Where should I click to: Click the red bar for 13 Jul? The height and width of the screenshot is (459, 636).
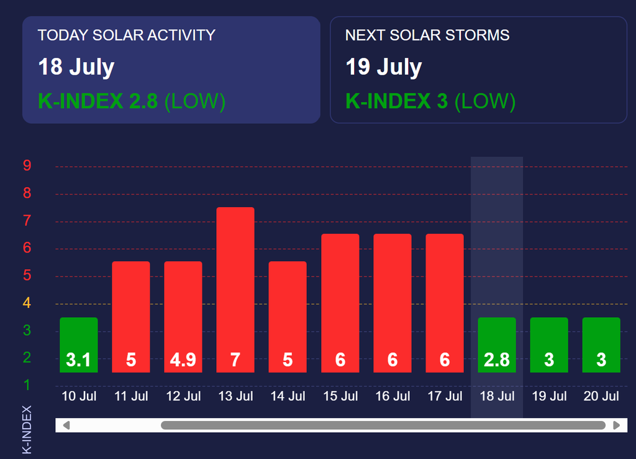click(235, 290)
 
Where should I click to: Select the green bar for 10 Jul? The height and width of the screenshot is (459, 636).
click(79, 345)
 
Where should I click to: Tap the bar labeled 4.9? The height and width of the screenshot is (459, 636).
click(183, 317)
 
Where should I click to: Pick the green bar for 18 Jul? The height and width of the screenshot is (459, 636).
click(497, 345)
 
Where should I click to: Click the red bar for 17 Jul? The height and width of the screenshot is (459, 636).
click(445, 303)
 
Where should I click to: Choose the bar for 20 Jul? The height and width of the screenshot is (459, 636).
click(601, 345)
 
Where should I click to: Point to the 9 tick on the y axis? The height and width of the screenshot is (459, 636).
click(27, 165)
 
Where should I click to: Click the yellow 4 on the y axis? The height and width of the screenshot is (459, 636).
click(27, 303)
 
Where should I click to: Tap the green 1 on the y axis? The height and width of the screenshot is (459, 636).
click(27, 384)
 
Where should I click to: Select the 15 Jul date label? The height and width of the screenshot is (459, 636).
click(340, 396)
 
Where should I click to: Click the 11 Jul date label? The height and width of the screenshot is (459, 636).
click(131, 396)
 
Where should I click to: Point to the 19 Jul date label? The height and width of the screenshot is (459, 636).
click(549, 396)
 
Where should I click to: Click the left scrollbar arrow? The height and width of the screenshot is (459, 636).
click(66, 425)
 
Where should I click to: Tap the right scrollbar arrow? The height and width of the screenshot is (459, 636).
click(617, 425)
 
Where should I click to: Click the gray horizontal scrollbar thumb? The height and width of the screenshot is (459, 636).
click(383, 425)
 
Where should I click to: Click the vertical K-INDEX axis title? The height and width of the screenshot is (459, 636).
click(27, 430)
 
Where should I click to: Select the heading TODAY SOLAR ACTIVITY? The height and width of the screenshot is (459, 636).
click(127, 35)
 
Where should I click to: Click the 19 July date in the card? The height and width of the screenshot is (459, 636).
click(384, 67)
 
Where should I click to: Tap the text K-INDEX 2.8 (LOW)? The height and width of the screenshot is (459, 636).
click(132, 101)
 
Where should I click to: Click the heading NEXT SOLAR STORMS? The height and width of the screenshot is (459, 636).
click(427, 35)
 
